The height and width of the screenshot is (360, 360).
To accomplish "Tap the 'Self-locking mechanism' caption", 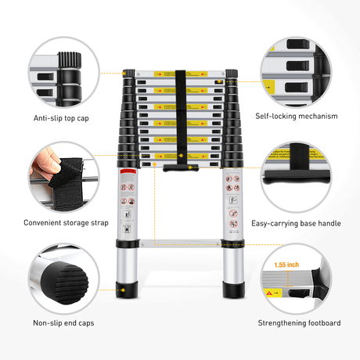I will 297,117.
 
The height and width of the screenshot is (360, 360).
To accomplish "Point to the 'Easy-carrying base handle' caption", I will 296,223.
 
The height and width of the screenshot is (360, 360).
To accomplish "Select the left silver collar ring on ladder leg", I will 126,245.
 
